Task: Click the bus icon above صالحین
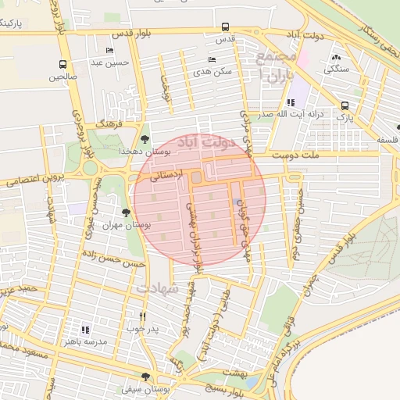[62, 65]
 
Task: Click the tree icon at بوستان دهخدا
[145, 139]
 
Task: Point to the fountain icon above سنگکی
[337, 57]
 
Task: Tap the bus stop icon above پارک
[345, 105]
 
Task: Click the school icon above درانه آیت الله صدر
[291, 102]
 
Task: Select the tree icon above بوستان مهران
[126, 212]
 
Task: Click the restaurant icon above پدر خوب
[142, 316]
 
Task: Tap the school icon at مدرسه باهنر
[85, 330]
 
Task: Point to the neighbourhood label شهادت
[159, 288]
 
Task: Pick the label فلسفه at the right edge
[387, 139]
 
